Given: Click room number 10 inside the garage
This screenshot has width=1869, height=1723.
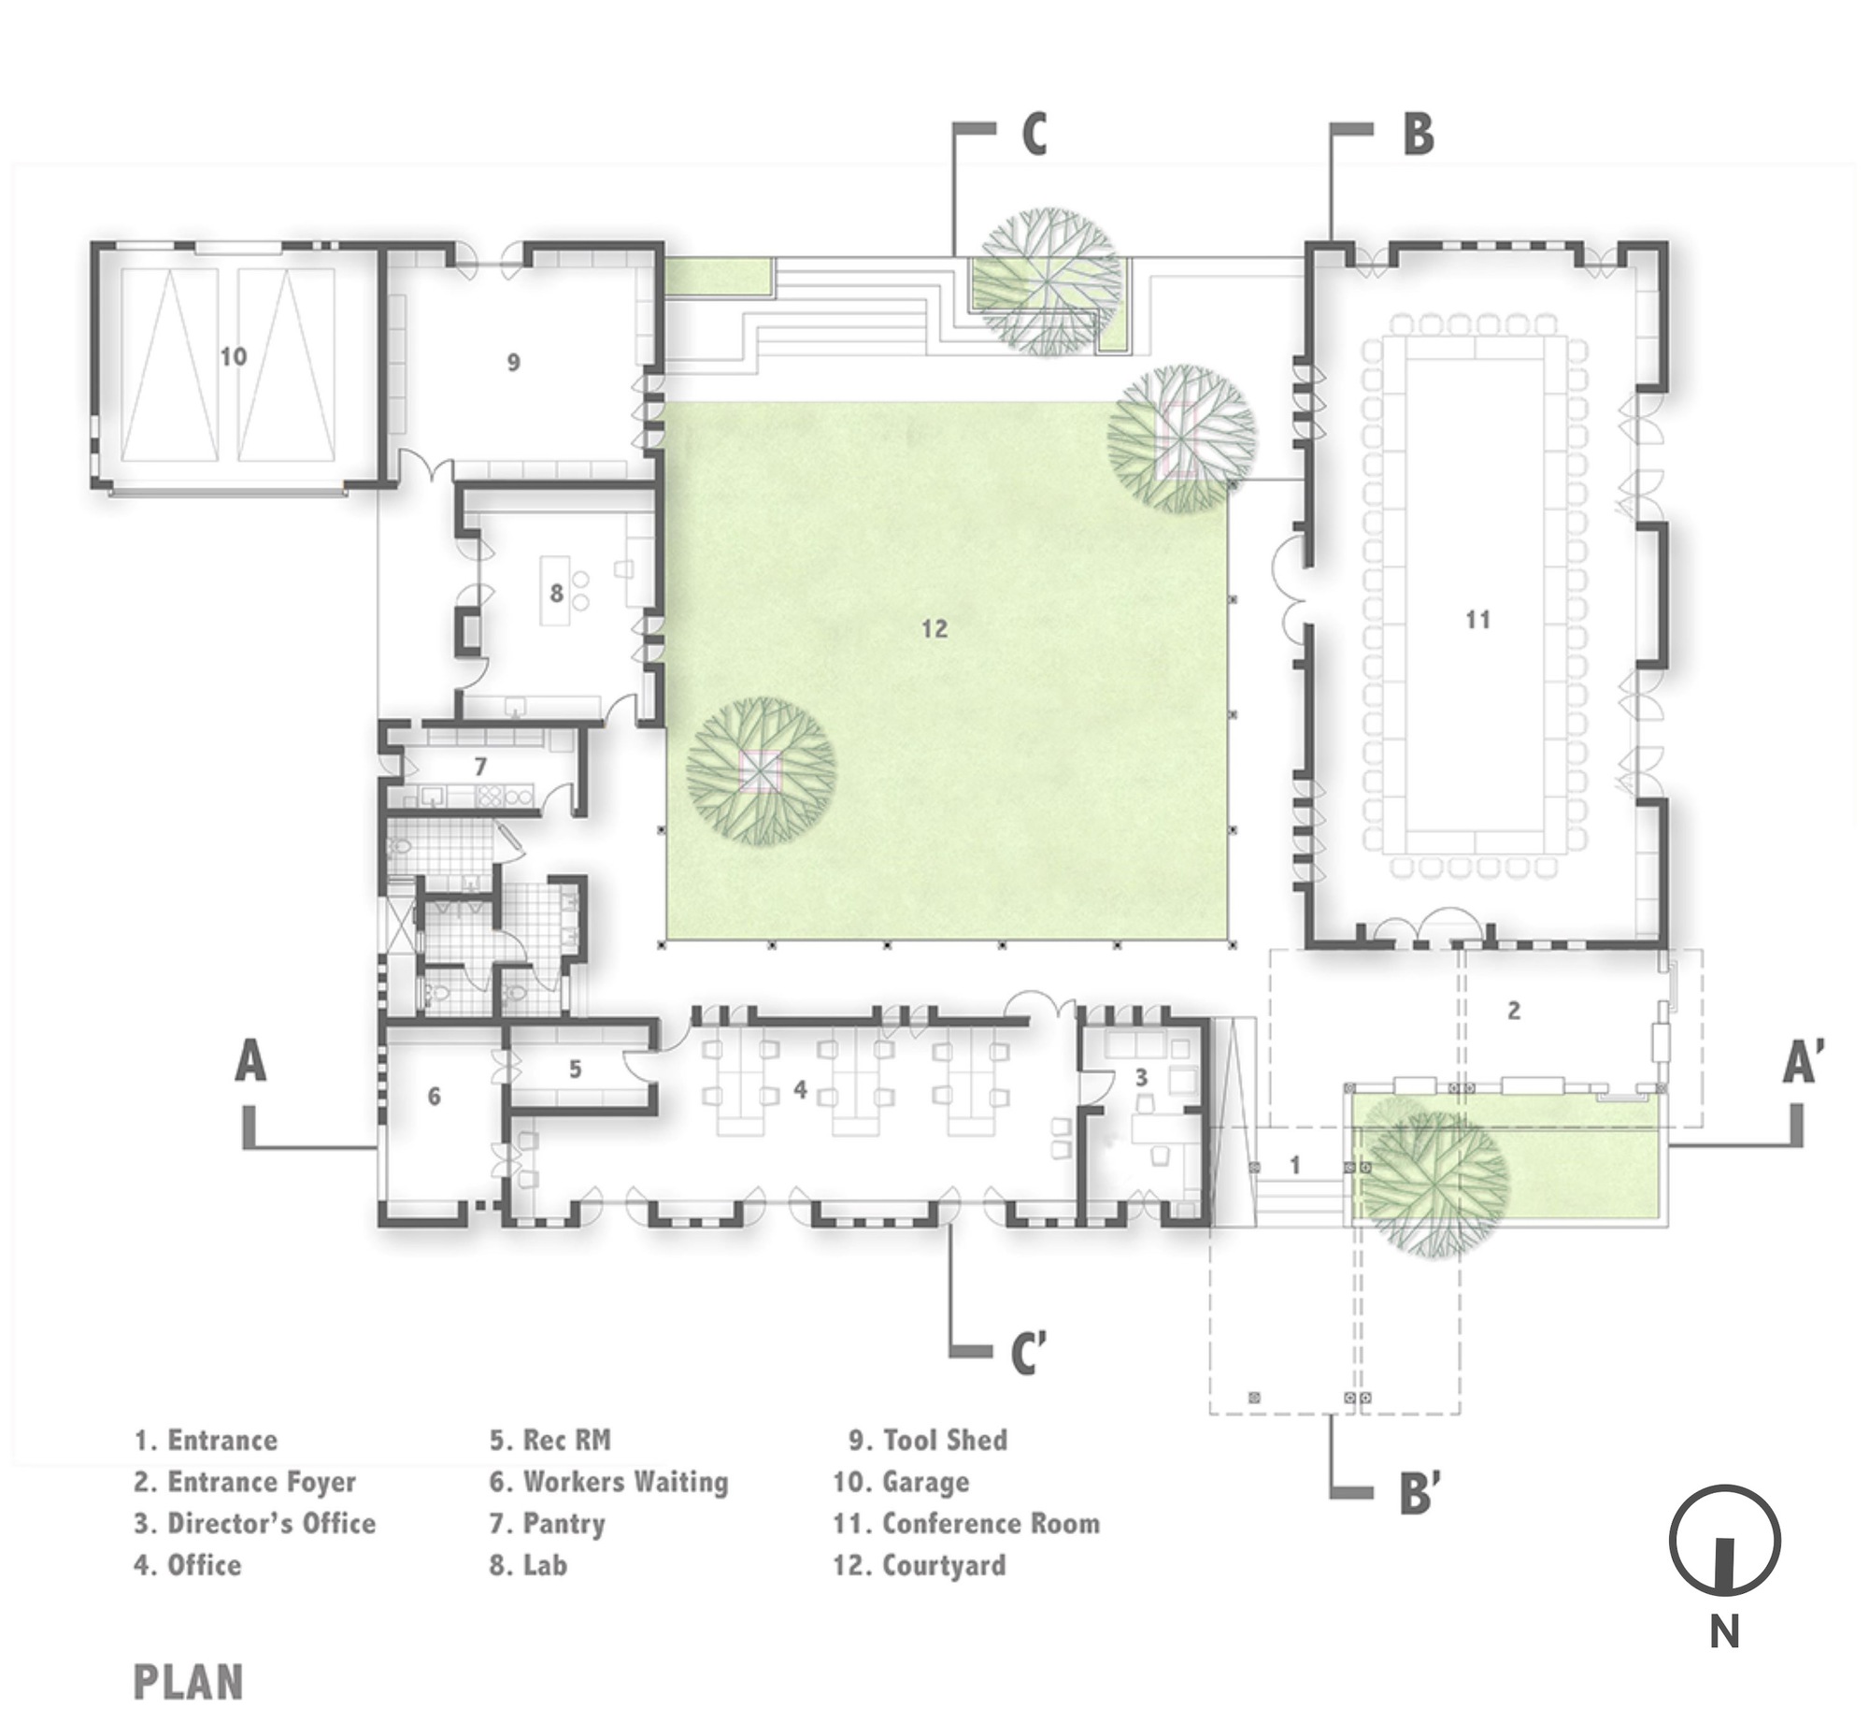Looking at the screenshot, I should [234, 356].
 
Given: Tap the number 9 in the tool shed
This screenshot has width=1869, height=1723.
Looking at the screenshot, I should [513, 363].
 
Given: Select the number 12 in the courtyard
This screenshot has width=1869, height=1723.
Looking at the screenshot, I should [934, 628].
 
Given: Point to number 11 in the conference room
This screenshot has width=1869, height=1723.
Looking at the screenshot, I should [1477, 619].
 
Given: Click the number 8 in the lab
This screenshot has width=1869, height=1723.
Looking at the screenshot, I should [557, 593].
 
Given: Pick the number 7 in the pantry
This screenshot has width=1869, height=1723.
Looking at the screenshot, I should [480, 767].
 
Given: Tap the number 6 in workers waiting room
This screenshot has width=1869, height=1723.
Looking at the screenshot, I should [434, 1096].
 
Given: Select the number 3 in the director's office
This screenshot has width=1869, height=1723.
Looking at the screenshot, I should [1141, 1077].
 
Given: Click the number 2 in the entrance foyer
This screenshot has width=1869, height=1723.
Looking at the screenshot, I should [1514, 1010].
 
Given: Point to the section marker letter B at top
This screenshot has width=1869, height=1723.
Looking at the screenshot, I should [1418, 135].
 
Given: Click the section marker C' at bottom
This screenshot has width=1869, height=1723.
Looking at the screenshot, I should [1028, 1353].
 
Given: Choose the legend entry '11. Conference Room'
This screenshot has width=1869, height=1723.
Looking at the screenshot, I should [966, 1524].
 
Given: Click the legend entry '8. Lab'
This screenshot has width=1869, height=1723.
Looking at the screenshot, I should [529, 1565].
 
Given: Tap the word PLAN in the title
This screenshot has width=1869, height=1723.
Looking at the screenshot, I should [189, 1683].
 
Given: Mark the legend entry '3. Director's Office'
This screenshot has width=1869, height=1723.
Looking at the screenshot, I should [254, 1524].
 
